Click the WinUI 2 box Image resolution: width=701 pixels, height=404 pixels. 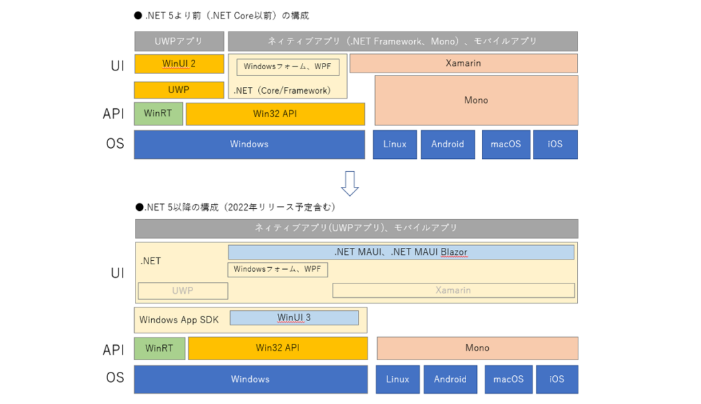pos(179,64)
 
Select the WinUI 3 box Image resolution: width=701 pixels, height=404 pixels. pos(294,318)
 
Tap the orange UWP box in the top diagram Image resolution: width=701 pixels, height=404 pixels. pos(179,90)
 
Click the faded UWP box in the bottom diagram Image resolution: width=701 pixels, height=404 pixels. pos(183,291)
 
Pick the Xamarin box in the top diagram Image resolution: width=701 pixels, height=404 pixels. pos(463,63)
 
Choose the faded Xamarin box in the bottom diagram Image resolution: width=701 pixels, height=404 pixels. pos(453,290)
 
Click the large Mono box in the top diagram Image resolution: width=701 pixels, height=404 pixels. pos(476,100)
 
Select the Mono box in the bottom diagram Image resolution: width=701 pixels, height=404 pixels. pos(477,348)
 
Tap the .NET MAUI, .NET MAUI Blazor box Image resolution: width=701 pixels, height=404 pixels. pos(401,252)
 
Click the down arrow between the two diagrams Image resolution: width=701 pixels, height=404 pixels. pos(350,184)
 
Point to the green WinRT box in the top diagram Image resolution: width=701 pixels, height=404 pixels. pos(158,114)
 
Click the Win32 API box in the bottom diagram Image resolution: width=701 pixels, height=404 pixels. pos(278,348)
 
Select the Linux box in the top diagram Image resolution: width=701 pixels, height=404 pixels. pos(395,144)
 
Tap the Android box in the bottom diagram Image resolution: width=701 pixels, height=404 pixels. pos(450,379)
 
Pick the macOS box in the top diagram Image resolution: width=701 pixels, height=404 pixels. pos(506,144)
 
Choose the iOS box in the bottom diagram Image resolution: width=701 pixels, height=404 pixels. pos(557,379)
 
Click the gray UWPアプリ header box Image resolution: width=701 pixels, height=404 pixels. pos(179,41)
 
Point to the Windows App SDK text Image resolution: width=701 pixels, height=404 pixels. pos(179,320)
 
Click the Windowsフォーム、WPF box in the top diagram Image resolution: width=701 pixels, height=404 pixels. pos(288,66)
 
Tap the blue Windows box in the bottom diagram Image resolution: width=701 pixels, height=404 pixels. pos(251,379)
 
